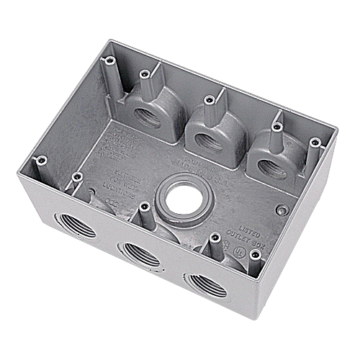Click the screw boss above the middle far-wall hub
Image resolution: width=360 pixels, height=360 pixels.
click(x=209, y=98)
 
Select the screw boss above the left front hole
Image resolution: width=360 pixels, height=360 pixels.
click(x=77, y=175)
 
